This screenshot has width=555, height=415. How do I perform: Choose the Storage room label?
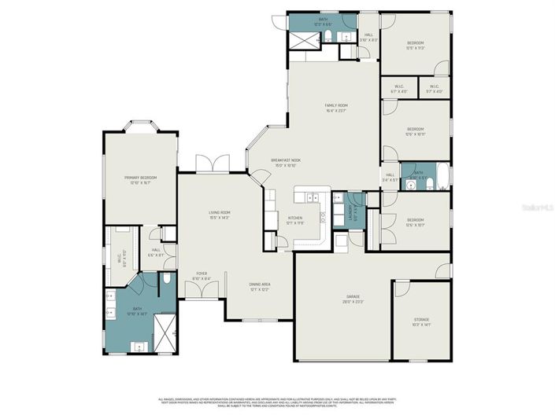click(422, 321)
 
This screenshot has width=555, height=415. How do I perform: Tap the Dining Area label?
click(260, 287)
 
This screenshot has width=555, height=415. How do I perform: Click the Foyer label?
click(202, 276)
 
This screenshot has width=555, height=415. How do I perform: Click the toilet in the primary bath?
click(168, 279)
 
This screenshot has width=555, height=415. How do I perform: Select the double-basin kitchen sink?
click(312, 197)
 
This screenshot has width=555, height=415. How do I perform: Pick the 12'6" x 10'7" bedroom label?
click(415, 222)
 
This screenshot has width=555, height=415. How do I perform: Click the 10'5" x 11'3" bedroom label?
click(415, 46)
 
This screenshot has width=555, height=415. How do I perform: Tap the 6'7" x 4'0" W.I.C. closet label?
click(399, 89)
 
